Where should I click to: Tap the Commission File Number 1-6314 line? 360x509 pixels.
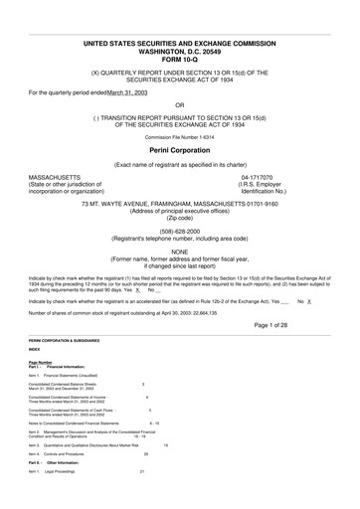[x=179, y=134]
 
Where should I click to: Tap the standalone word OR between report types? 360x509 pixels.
[x=179, y=103]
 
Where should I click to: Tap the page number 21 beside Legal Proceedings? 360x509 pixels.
[x=142, y=470]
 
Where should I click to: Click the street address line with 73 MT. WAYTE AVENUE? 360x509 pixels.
[x=179, y=203]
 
